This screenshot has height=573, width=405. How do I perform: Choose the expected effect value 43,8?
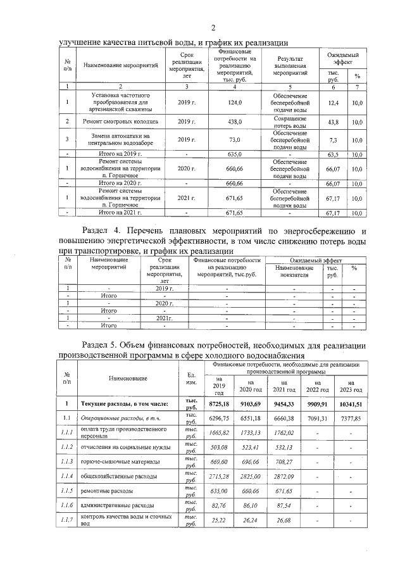coord(333,122)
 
